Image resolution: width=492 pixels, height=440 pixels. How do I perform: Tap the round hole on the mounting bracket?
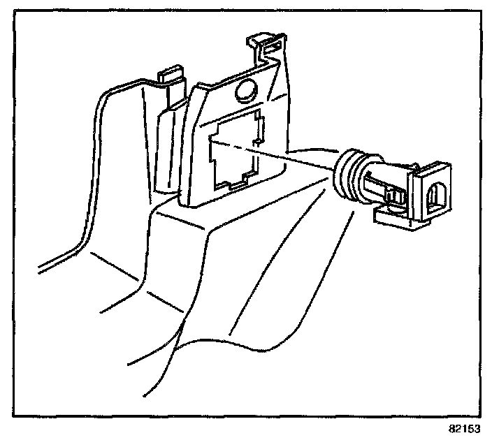coord(246,91)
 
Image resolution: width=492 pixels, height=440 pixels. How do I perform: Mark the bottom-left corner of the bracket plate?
coord(183,203)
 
